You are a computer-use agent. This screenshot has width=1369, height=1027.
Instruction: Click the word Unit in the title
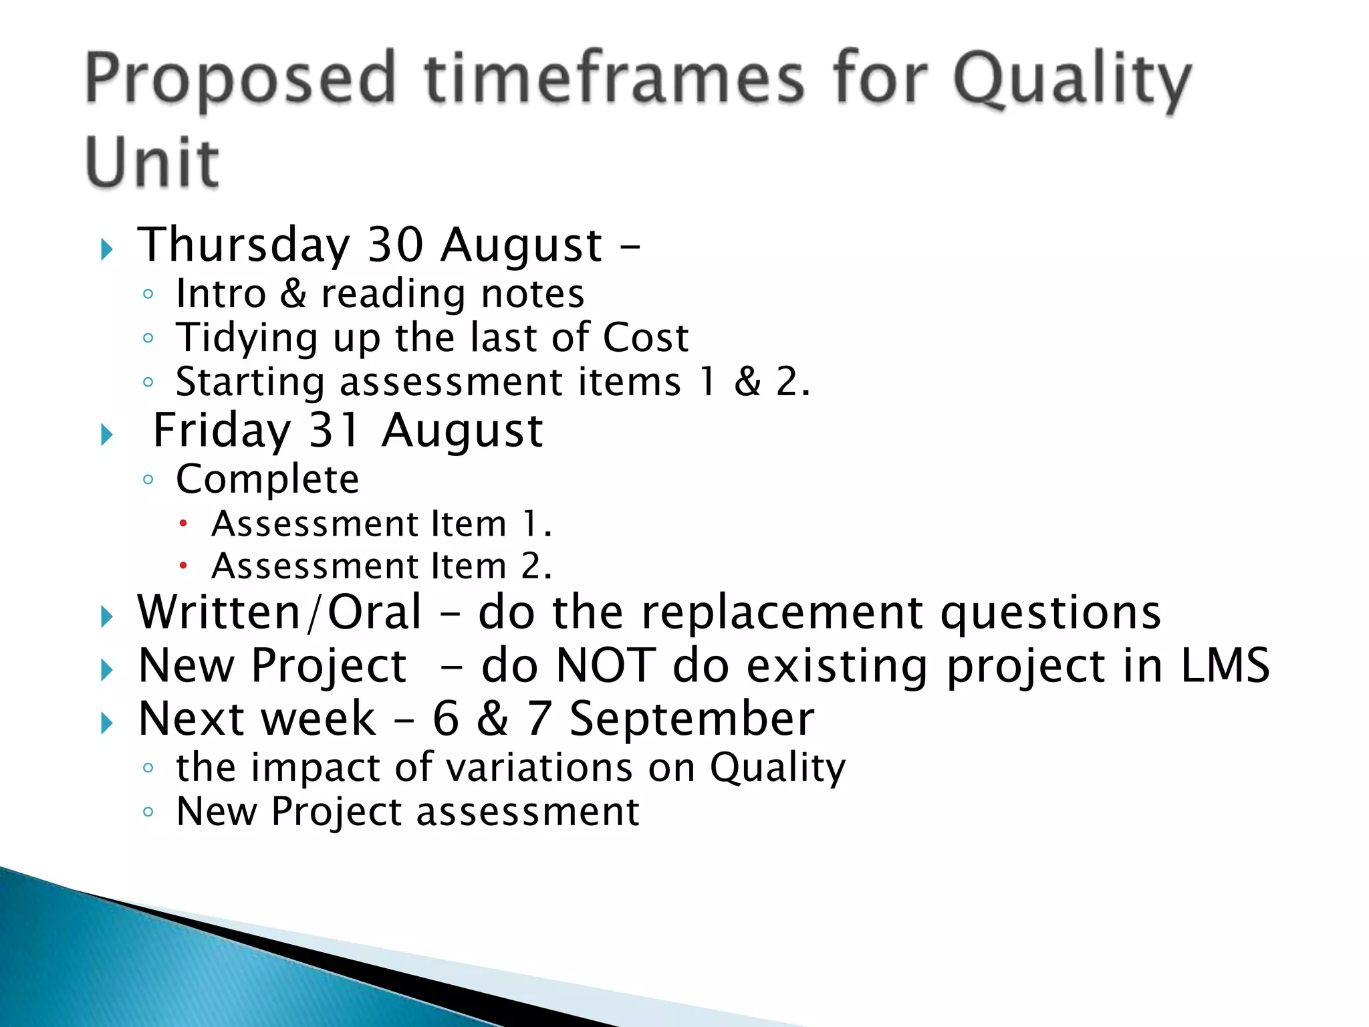[152, 162]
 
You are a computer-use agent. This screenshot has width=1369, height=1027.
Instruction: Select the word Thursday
[244, 245]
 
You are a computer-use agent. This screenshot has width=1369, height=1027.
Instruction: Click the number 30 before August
[396, 245]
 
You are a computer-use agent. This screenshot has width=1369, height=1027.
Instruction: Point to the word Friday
[222, 431]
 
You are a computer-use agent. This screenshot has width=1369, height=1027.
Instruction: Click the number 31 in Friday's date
[335, 431]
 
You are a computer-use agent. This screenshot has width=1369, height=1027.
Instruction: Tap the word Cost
[645, 338]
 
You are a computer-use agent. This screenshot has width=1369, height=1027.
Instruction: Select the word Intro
[221, 294]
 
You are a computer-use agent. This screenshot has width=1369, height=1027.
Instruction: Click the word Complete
[267, 480]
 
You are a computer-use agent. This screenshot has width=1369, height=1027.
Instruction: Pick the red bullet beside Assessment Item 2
[183, 566]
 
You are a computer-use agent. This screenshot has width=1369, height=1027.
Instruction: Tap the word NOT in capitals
[606, 666]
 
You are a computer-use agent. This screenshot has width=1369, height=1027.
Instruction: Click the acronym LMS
[1225, 666]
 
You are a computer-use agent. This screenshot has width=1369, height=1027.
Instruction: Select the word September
[692, 719]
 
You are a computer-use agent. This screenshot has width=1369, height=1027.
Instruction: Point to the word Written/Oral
[279, 612]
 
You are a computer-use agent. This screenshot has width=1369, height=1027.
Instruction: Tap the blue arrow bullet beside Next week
[107, 723]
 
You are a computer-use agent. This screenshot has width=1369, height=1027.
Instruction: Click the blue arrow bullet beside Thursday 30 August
[107, 250]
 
